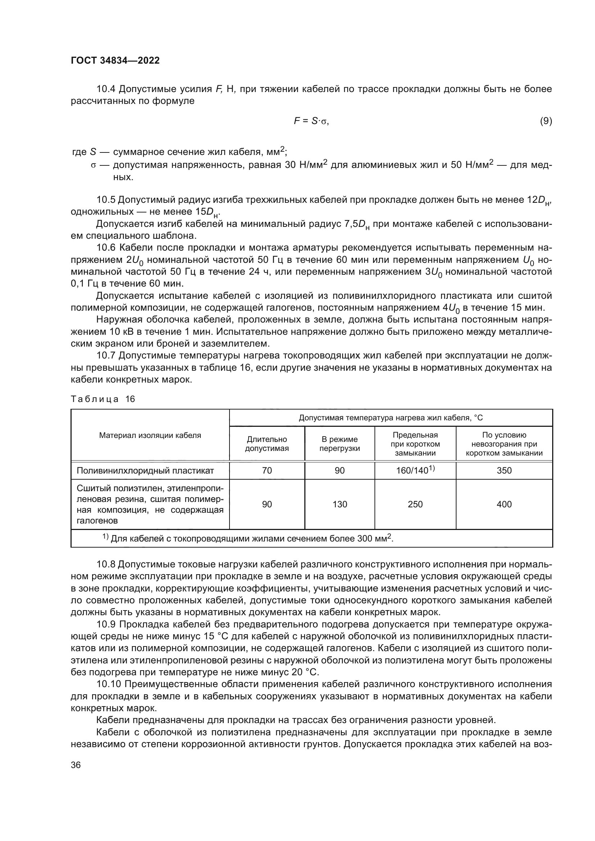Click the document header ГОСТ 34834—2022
coord(115,60)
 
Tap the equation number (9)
coord(546,121)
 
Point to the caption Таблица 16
coord(103,399)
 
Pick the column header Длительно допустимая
coord(267,444)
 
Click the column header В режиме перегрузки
coord(339,444)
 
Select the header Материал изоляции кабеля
coord(150,435)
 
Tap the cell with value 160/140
coord(415,470)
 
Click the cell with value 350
coord(504,470)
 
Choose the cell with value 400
coord(504,504)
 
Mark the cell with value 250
coord(415,504)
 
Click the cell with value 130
coord(339,504)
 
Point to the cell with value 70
coord(267,470)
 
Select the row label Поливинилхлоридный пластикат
coord(145,470)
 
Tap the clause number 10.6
coord(106,248)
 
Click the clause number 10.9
coord(106,624)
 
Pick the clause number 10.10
coord(108,684)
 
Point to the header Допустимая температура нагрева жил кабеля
coord(391,418)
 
